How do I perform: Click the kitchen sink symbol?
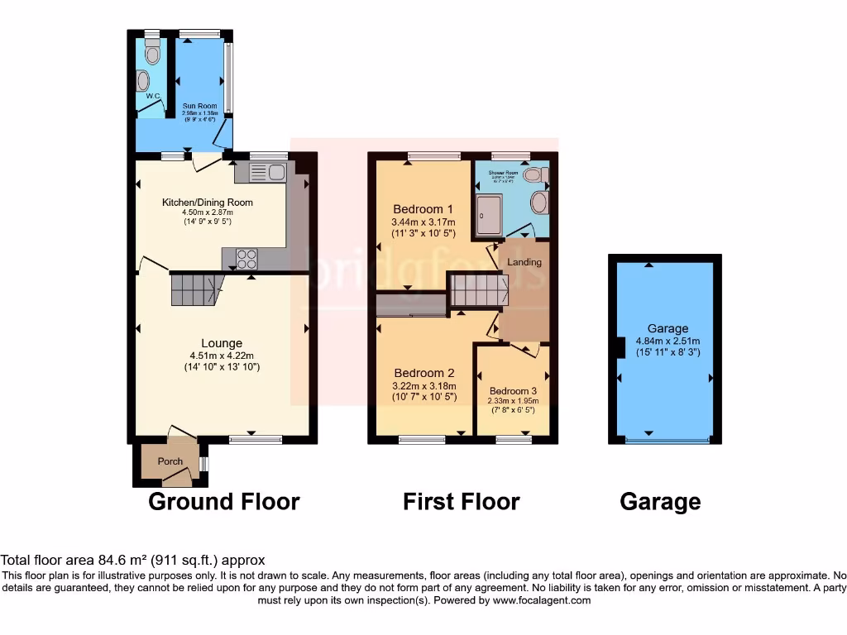(266, 174)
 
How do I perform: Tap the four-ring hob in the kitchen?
(246, 259)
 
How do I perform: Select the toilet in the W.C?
(151, 55)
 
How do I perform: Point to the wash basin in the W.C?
(143, 81)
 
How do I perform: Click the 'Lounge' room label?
(222, 343)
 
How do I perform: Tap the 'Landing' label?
(524, 262)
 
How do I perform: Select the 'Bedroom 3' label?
(513, 391)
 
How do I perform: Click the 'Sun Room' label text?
(196, 107)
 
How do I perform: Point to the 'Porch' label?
(170, 461)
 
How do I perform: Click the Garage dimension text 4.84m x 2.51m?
(668, 341)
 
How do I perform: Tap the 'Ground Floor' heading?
(223, 501)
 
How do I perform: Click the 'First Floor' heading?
(461, 501)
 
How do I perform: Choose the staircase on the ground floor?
(197, 290)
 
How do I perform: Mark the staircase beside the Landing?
(477, 291)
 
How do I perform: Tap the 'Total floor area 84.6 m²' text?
(133, 560)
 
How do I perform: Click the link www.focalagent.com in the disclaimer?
(541, 600)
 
